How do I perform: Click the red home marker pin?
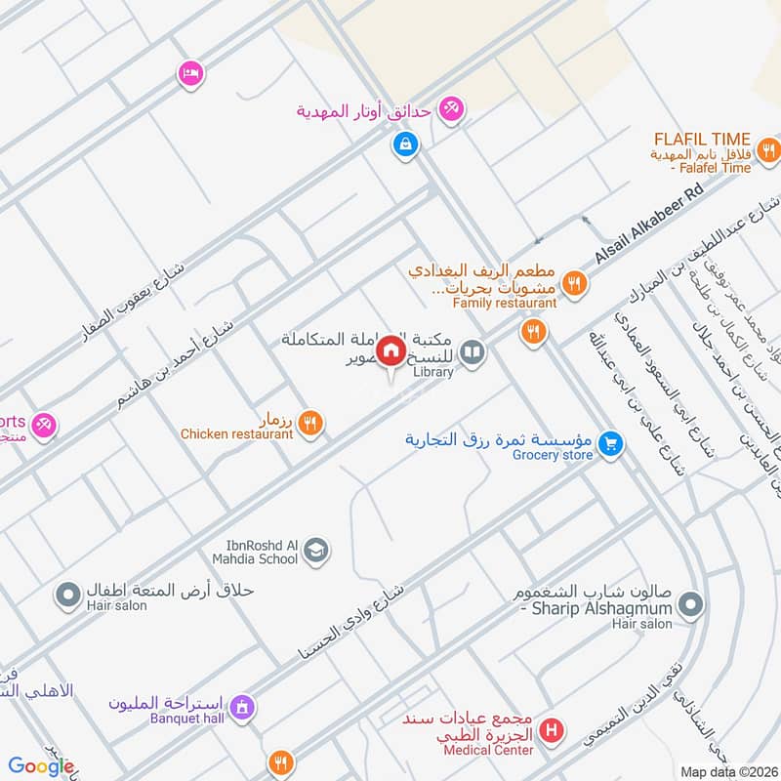coord(391,349)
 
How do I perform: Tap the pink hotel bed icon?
coord(190,72)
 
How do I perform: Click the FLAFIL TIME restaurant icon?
coord(769,151)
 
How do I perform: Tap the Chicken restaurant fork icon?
coord(310,422)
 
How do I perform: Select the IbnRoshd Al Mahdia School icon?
coord(316,553)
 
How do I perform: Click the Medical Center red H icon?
coord(552,729)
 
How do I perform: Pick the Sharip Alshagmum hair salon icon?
coord(689,604)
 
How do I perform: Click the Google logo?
coord(41,766)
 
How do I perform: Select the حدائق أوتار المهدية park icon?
coord(451,109)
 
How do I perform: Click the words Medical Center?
coord(488,750)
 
